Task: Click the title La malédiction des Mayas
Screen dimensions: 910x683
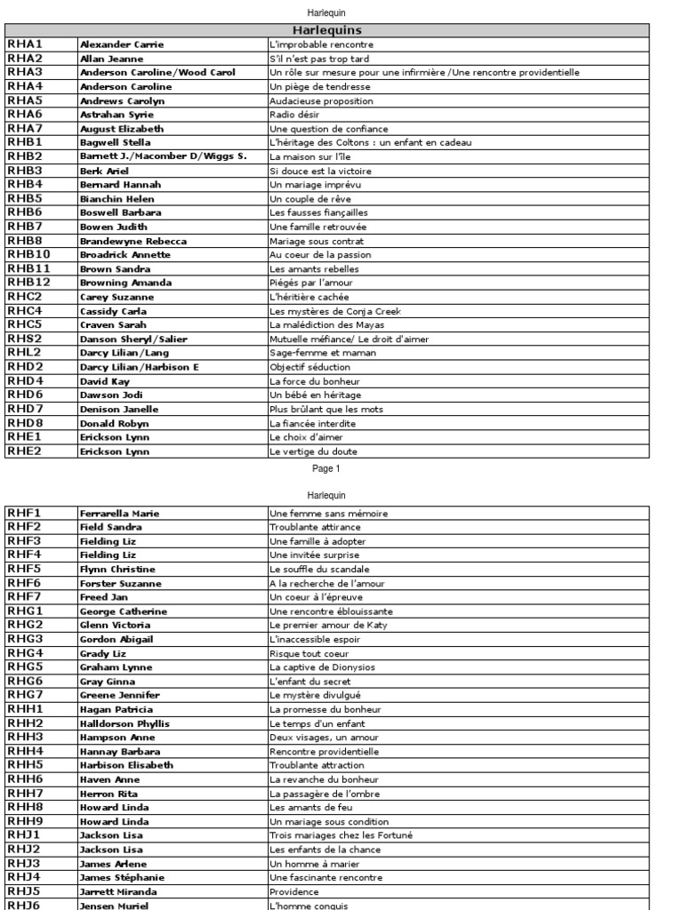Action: [321, 325]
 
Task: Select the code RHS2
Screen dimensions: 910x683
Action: [25, 339]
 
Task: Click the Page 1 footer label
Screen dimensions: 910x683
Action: [326, 468]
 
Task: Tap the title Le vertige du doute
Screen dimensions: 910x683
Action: [308, 451]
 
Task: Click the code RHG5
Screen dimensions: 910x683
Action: [25, 667]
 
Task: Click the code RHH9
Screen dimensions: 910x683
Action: [25, 821]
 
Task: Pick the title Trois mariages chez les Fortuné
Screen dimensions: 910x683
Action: [341, 835]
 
